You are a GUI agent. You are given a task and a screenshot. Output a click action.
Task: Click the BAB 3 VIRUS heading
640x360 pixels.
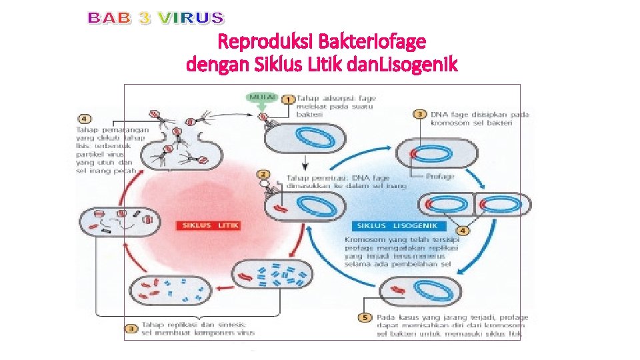coord(157,18)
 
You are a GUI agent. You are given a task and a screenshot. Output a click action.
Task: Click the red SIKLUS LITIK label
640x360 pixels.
coord(207,225)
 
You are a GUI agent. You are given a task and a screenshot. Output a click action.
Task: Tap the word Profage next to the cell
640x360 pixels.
coord(440,177)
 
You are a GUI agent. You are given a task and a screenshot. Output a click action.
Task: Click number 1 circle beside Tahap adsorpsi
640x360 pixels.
coord(289,99)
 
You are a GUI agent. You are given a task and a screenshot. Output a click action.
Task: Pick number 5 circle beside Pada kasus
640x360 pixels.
coord(365,317)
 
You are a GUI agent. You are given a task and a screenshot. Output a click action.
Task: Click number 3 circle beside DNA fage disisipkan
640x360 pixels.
coord(419,114)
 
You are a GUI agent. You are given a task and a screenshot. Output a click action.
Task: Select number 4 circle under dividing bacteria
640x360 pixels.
coord(462,231)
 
